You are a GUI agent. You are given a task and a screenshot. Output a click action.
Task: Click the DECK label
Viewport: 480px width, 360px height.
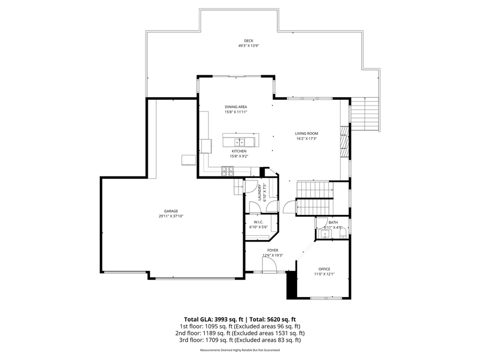[249, 41]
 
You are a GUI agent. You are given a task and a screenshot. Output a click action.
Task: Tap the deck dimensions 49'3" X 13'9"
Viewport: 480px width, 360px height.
[249, 46]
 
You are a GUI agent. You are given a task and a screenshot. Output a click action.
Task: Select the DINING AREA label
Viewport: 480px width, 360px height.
[235, 107]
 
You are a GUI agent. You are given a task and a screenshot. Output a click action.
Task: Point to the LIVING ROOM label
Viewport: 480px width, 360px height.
[306, 133]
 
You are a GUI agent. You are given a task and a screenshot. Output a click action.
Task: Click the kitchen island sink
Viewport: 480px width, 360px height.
[241, 142]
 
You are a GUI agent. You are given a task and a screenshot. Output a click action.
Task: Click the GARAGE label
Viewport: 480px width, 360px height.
[171, 211]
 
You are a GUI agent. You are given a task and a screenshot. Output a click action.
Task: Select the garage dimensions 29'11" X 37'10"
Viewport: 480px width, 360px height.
[171, 216]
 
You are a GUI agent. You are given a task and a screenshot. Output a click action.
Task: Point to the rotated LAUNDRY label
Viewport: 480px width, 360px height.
[259, 193]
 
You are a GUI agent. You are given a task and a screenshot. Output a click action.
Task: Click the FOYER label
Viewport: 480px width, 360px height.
[272, 250]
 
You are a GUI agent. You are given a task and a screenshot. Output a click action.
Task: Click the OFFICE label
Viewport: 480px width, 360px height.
[324, 269]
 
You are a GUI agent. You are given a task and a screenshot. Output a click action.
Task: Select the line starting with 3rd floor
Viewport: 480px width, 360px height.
[240, 340]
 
